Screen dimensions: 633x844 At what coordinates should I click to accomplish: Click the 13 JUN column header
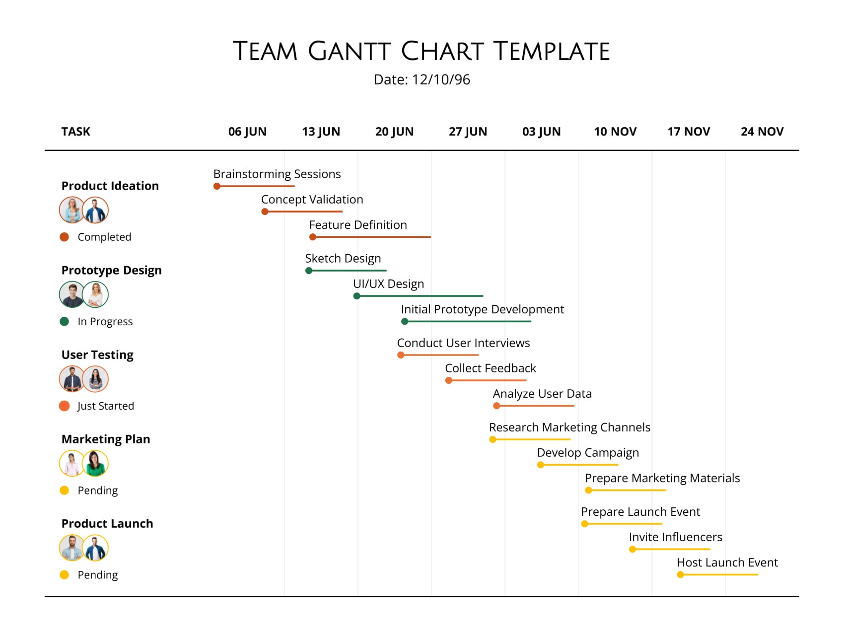pos(321,132)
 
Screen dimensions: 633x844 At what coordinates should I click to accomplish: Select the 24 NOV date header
pos(762,132)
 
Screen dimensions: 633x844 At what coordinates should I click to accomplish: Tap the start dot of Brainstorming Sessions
pos(217,186)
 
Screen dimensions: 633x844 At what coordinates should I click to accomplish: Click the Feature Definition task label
pos(358,225)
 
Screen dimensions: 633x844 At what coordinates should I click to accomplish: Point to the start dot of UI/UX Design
pos(356,296)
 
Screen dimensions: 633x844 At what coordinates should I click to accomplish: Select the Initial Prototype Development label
pos(482,309)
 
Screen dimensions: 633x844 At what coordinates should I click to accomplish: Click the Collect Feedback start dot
pos(449,380)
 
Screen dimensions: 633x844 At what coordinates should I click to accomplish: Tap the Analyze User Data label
pos(542,394)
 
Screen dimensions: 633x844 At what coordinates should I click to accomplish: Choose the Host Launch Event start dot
pos(680,574)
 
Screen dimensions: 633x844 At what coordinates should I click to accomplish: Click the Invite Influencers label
pos(675,537)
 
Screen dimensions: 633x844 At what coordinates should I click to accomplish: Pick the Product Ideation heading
pos(110,186)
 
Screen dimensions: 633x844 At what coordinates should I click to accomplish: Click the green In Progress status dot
pos(64,321)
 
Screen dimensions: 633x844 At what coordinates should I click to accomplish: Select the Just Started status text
pos(106,406)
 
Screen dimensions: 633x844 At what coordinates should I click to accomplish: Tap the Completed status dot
pos(64,237)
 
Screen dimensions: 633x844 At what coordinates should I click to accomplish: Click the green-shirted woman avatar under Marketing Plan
pos(95,463)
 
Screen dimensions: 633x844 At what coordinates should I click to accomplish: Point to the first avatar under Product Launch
pos(72,548)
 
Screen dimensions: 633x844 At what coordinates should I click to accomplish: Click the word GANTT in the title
pos(349,52)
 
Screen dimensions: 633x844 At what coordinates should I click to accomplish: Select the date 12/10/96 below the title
pos(441,80)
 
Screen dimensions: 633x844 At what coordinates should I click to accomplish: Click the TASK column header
pos(76,132)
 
